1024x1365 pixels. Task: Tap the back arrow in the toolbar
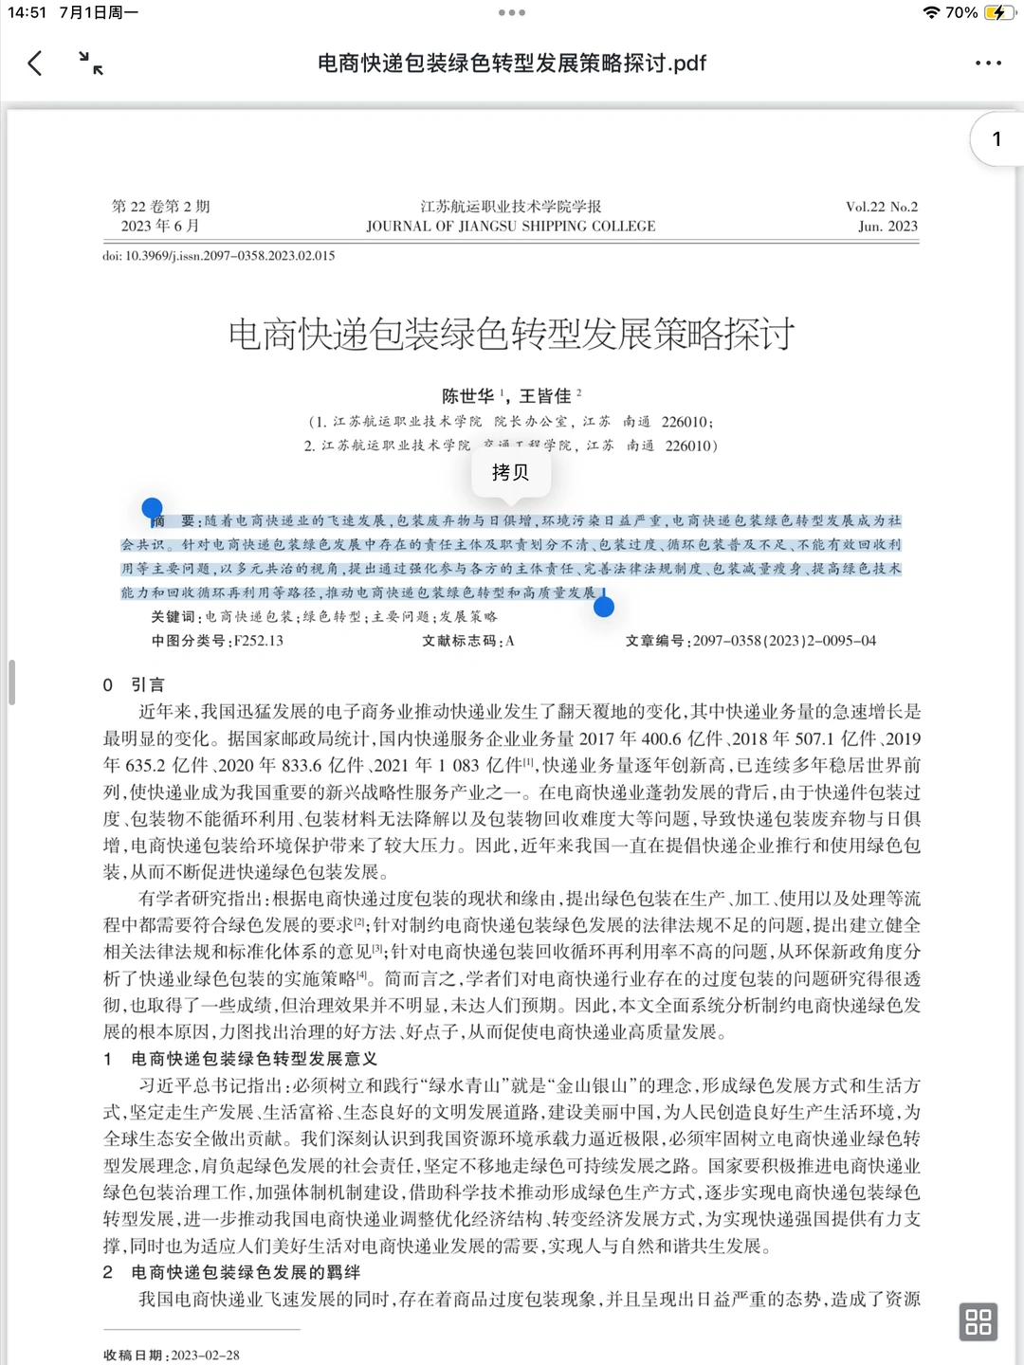pyautogui.click(x=35, y=64)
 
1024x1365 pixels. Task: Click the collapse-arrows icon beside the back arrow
pyautogui.click(x=91, y=64)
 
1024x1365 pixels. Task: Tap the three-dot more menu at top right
pyautogui.click(x=988, y=64)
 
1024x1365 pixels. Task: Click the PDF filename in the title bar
pyautogui.click(x=511, y=64)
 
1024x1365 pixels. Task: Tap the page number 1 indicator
pyautogui.click(x=997, y=139)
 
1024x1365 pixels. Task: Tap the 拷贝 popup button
pyautogui.click(x=510, y=472)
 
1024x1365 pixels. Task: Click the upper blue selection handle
pyautogui.click(x=152, y=509)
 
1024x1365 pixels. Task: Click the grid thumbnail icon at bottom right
pyautogui.click(x=978, y=1321)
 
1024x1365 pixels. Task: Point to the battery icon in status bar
pyautogui.click(x=998, y=12)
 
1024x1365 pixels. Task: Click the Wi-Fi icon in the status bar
pyautogui.click(x=931, y=12)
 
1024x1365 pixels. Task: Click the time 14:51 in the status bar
pyautogui.click(x=27, y=12)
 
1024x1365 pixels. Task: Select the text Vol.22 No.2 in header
pyautogui.click(x=881, y=207)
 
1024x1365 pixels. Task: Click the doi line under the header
pyautogui.click(x=219, y=256)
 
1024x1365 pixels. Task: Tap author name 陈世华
pyautogui.click(x=468, y=396)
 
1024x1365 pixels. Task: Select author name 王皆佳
pyautogui.click(x=545, y=396)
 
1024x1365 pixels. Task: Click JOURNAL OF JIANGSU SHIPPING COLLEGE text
pyautogui.click(x=511, y=227)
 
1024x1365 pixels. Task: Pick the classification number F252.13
pyautogui.click(x=258, y=641)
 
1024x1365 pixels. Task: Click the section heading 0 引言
pyautogui.click(x=134, y=684)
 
